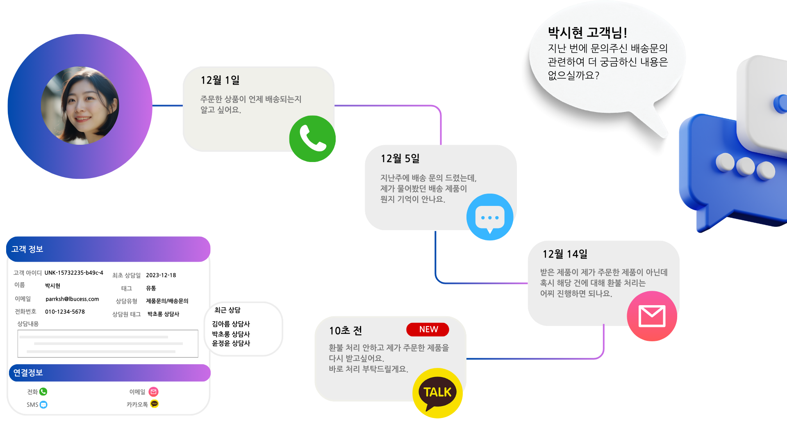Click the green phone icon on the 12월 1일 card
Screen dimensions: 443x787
tap(312, 139)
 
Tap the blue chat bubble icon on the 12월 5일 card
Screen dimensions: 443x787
tap(490, 217)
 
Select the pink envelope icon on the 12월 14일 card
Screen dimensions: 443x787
tap(652, 316)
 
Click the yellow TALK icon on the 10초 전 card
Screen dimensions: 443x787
tap(437, 393)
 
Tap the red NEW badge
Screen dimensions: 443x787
tap(428, 329)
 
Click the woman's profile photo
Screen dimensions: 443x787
tap(80, 106)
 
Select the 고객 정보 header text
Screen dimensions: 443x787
tap(27, 249)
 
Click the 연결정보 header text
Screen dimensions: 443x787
tap(28, 372)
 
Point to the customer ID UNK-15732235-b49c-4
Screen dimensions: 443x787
tap(74, 273)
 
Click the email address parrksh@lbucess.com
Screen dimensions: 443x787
tap(72, 299)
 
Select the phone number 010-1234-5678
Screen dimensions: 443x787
tap(65, 312)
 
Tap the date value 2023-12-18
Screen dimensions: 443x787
tap(161, 275)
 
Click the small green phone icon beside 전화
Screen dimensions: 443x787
tap(43, 392)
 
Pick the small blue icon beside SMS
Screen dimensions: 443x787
tap(43, 405)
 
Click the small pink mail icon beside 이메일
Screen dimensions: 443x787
tap(153, 392)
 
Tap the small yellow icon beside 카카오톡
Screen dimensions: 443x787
tap(154, 404)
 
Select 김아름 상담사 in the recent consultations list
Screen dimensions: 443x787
tap(231, 324)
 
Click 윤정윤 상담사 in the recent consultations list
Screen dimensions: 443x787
tap(231, 343)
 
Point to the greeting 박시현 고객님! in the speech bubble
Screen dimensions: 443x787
tap(587, 32)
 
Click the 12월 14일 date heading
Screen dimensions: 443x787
tap(565, 254)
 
